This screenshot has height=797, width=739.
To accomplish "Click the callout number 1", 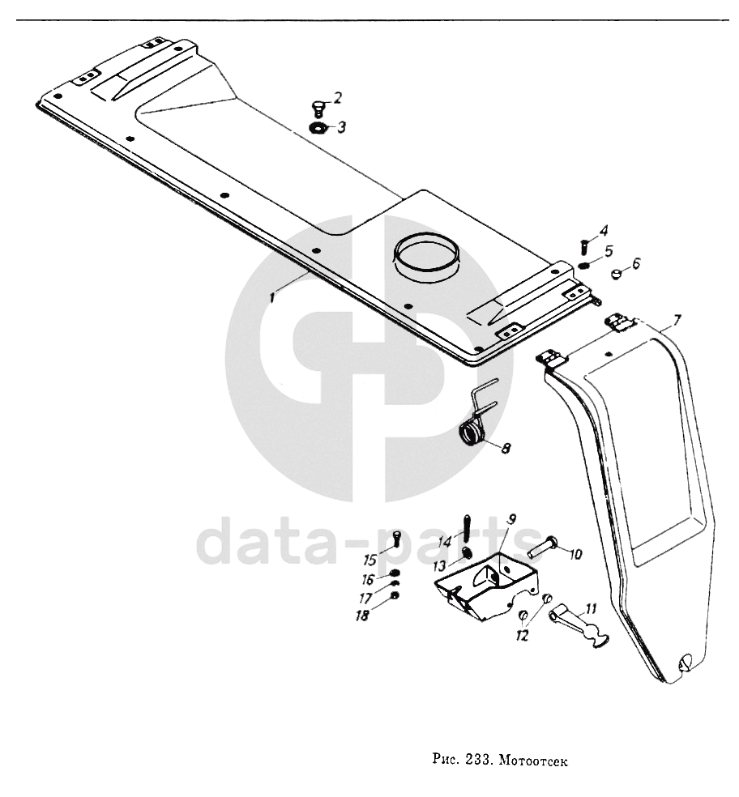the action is tap(274, 297).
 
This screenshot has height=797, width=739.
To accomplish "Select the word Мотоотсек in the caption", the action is tap(536, 761).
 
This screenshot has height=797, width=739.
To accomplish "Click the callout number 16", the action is tap(369, 579).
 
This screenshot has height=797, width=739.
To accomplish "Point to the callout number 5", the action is tap(609, 249).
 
